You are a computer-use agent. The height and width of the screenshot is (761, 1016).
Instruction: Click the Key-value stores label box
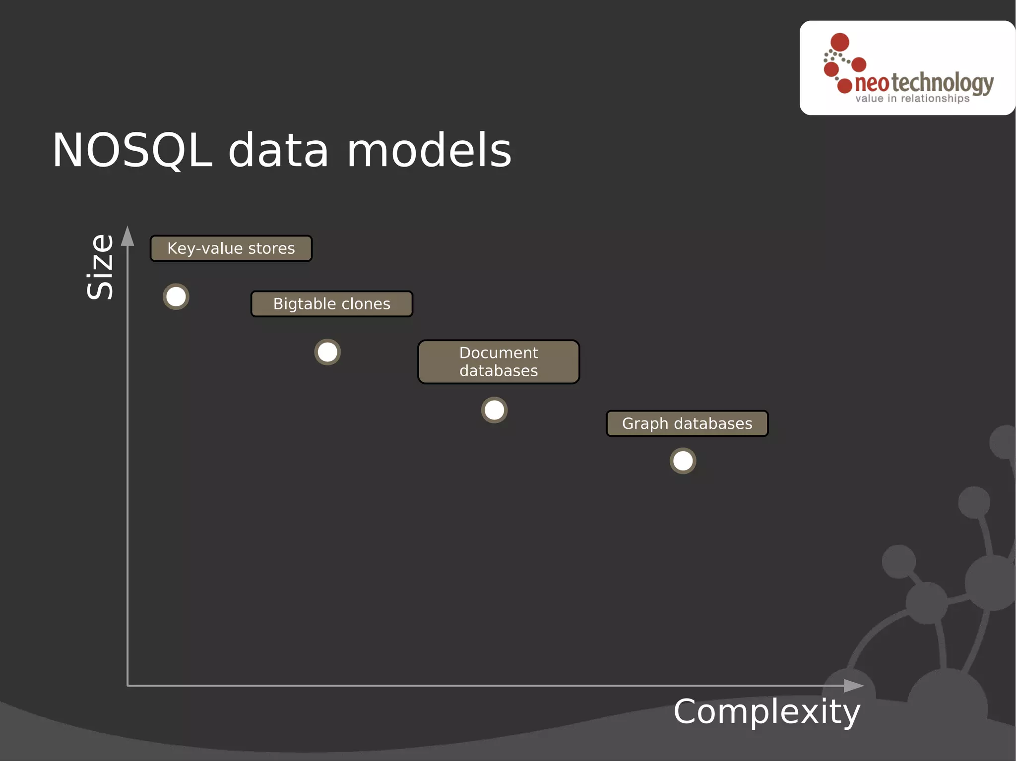[231, 248]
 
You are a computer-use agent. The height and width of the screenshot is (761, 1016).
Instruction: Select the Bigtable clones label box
[331, 304]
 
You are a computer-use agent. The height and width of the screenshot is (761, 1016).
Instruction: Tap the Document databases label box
[499, 362]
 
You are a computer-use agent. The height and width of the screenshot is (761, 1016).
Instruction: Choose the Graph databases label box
[687, 423]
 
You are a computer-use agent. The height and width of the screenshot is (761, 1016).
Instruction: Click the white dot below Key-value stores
[176, 297]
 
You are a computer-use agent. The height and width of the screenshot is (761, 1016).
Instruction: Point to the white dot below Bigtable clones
[327, 352]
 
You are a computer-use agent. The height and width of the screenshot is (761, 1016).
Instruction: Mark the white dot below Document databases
[494, 410]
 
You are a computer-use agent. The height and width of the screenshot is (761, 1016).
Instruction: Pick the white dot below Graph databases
[683, 461]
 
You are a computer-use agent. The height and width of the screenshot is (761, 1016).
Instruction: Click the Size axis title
[100, 267]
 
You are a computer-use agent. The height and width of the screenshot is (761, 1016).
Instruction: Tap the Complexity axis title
[766, 712]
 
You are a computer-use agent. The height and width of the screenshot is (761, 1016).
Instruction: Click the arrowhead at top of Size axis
[127, 236]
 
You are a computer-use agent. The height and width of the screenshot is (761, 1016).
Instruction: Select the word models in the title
[429, 150]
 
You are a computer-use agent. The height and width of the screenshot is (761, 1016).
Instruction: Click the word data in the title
[278, 150]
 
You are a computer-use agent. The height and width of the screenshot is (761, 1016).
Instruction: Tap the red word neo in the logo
[872, 83]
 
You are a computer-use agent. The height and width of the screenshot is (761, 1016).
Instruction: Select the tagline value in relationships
[912, 99]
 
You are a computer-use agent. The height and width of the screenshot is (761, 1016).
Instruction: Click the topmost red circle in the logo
[840, 42]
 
